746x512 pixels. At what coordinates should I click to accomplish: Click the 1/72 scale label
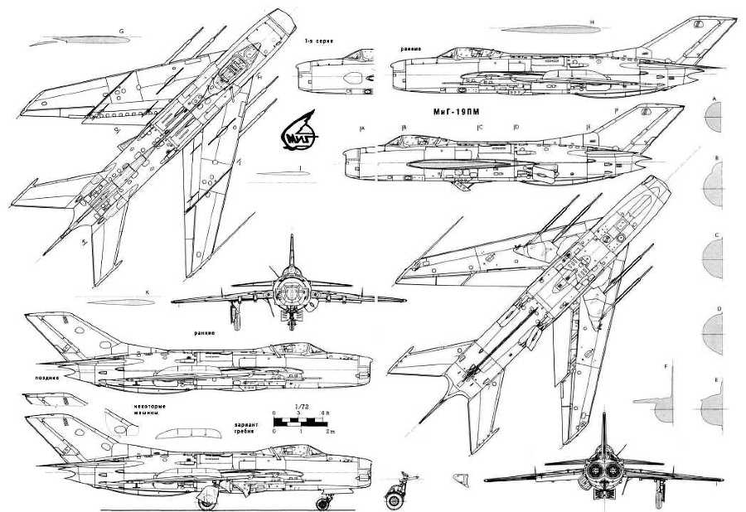pos(300,408)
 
